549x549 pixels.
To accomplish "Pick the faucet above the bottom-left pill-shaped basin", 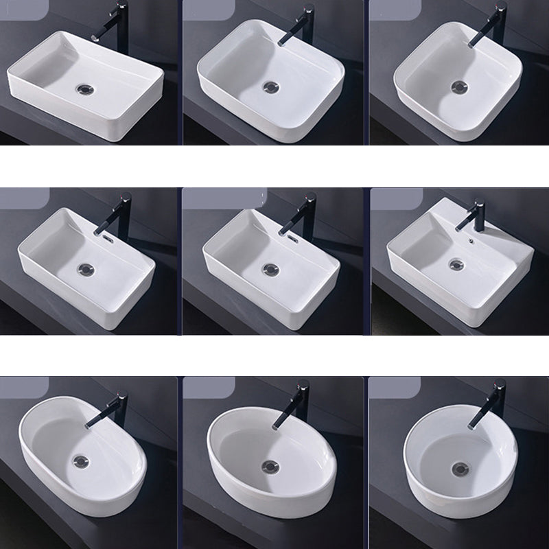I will [114, 408].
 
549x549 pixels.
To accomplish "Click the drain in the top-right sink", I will [457, 86].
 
